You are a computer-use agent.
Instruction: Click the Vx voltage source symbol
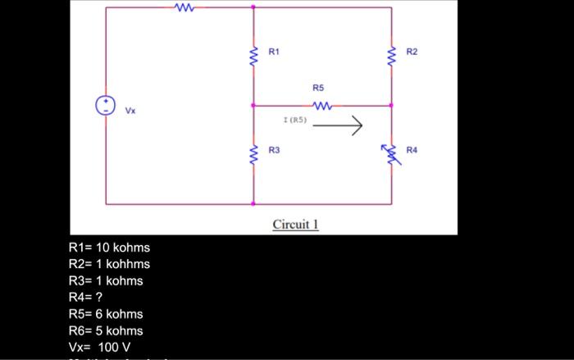coord(105,106)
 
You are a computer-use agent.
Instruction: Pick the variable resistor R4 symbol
coord(391,153)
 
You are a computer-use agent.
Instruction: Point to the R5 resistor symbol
coord(321,105)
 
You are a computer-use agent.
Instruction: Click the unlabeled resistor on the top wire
coord(184,7)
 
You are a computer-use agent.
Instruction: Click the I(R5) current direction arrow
coord(337,125)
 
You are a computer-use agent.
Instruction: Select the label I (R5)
coord(294,121)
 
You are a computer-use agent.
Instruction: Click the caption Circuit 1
coord(295,224)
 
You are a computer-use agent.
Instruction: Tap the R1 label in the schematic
coord(274,52)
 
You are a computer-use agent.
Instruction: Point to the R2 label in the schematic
coord(412,52)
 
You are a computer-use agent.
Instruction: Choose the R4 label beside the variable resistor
coord(411,151)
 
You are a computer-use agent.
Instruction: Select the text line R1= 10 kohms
coord(109,248)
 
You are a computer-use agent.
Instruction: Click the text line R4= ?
coord(85,297)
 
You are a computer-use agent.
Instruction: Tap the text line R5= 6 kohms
coord(106,314)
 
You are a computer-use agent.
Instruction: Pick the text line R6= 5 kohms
coord(106,330)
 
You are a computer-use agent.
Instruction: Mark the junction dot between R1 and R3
coord(253,105)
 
